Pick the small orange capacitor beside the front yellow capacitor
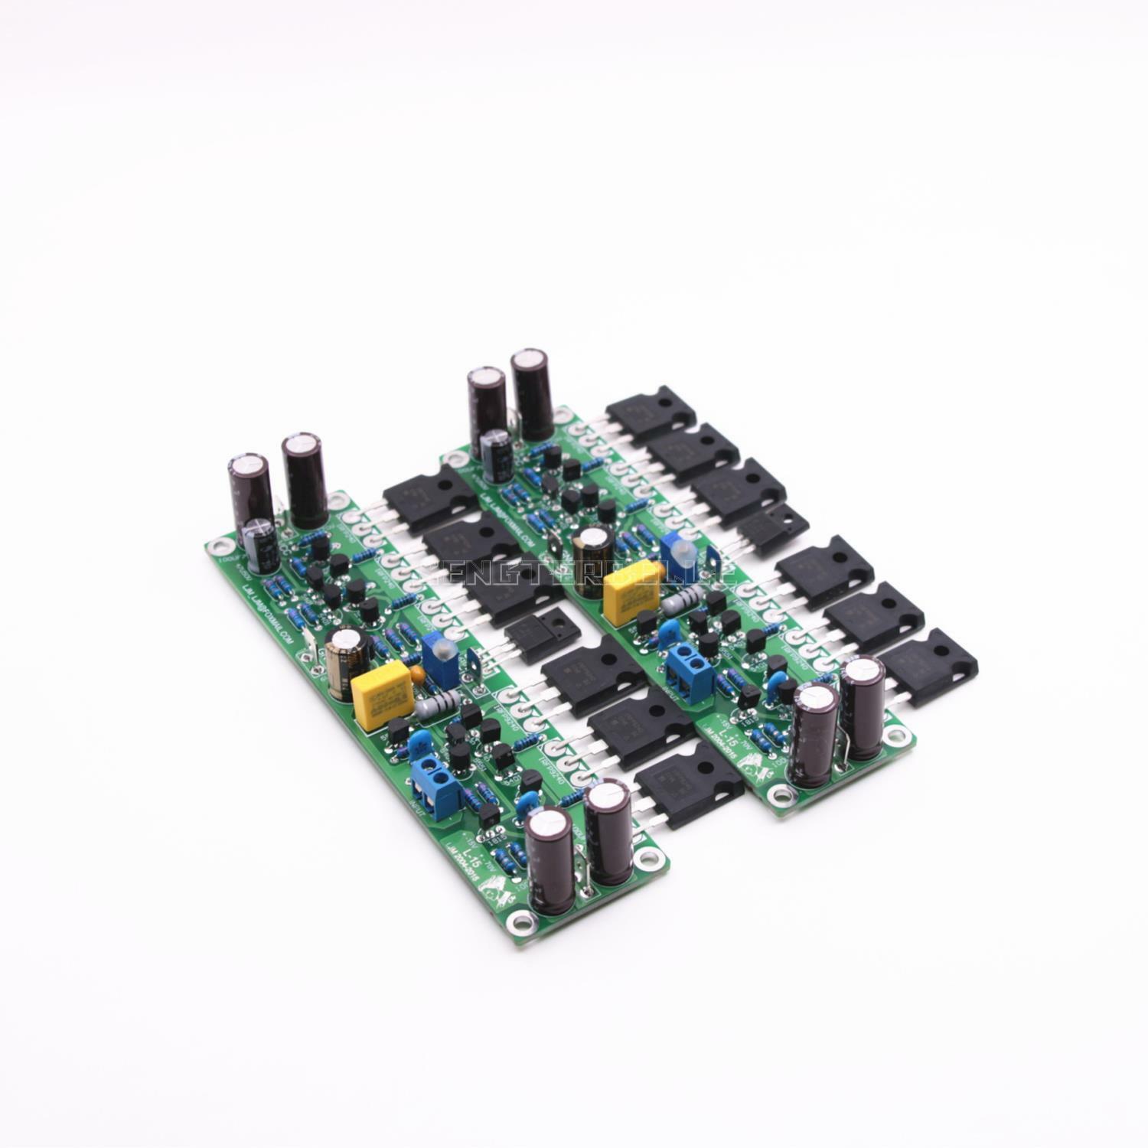(x=416, y=674)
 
